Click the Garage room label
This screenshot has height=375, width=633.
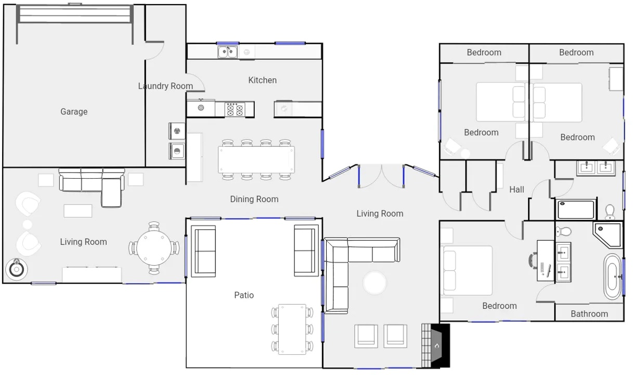[74, 112]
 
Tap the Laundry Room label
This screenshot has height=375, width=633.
[165, 86]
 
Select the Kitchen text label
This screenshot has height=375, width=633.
[263, 80]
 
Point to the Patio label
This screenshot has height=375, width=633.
[244, 295]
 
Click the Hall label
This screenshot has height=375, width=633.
[517, 190]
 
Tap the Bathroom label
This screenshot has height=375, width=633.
[589, 314]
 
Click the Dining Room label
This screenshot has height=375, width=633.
[254, 199]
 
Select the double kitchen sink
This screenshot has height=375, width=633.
[227, 52]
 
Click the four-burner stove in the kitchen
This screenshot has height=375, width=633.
[235, 109]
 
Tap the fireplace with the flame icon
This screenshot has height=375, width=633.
[436, 345]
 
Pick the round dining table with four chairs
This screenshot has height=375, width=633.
[154, 248]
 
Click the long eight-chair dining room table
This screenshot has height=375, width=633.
[256, 159]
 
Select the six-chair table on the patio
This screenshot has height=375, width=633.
[292, 329]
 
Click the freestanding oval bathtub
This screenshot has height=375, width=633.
[612, 277]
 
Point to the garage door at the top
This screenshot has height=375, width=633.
[75, 14]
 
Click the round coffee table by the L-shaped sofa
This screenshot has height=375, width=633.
[374, 283]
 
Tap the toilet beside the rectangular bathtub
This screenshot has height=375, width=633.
[610, 212]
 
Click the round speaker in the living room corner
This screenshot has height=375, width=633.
[17, 269]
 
